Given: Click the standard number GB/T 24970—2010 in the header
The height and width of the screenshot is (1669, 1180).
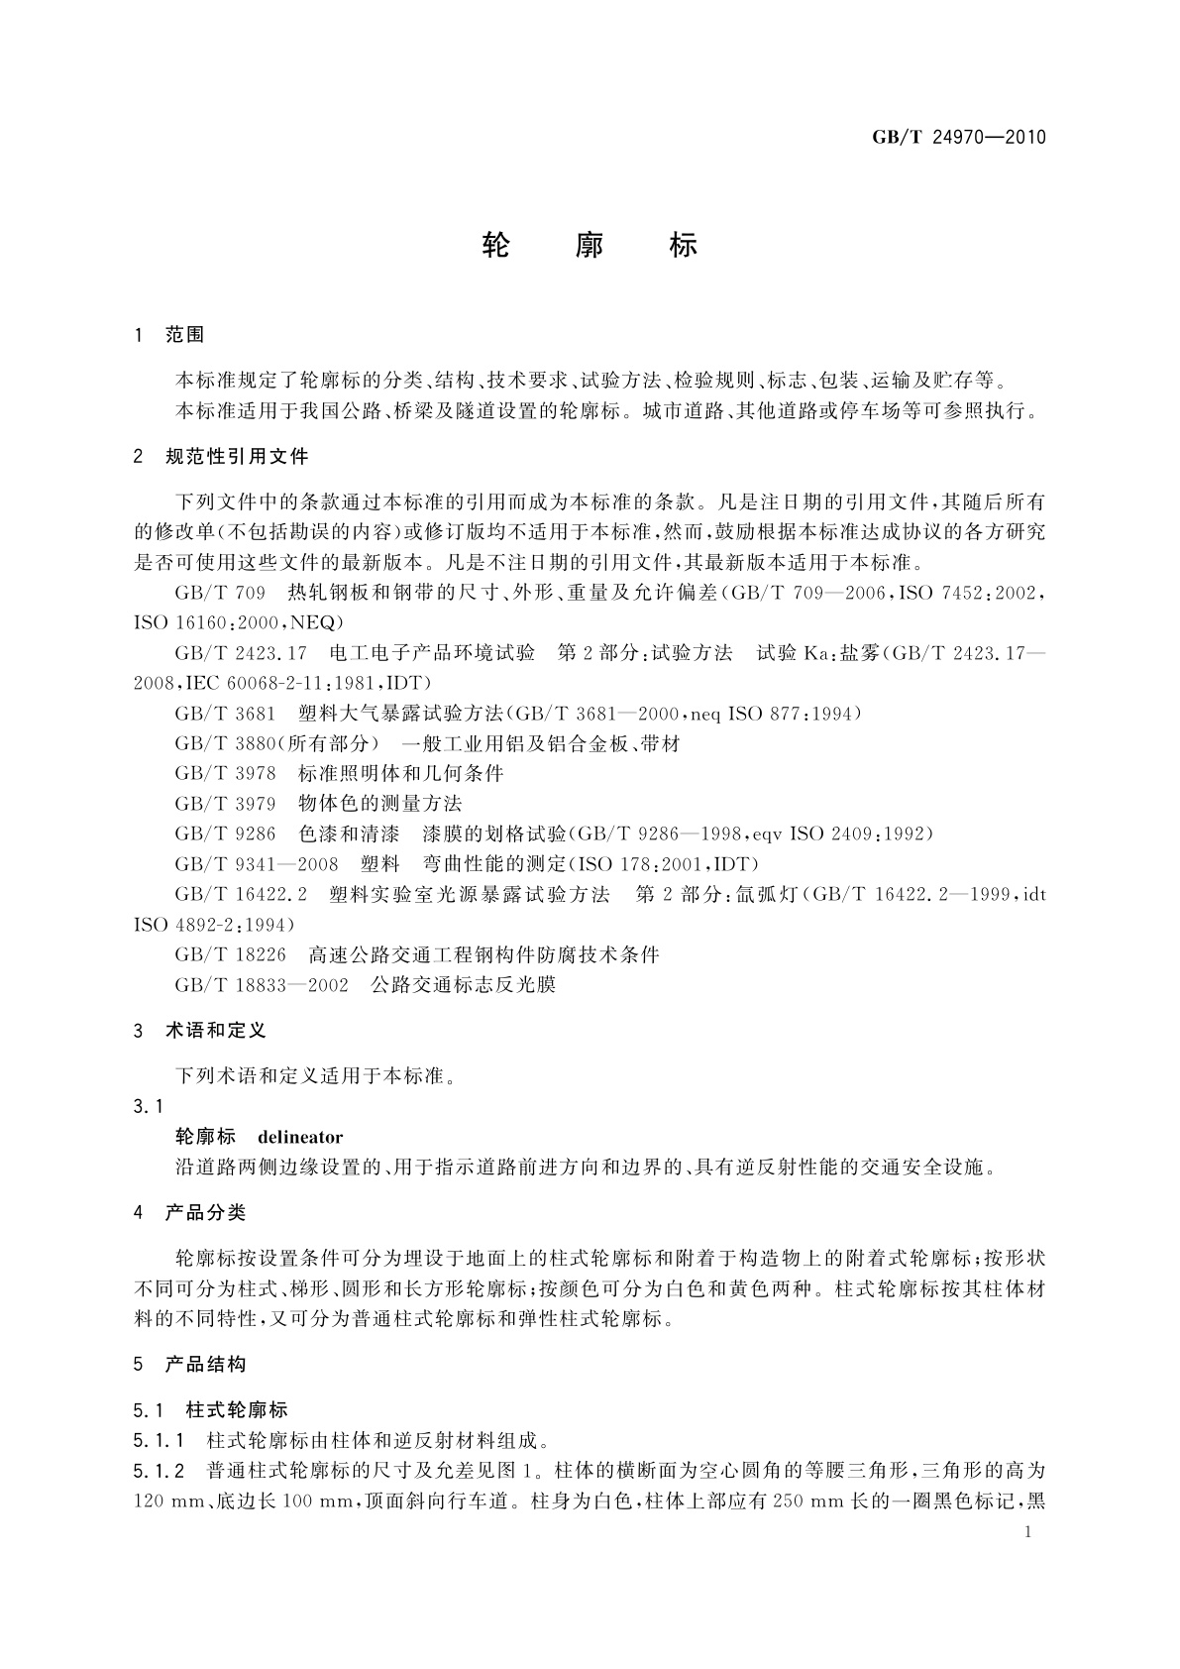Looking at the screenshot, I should pos(958,137).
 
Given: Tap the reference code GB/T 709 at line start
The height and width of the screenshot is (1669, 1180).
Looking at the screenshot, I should pos(220,593).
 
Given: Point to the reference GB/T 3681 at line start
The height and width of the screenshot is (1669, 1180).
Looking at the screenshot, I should pos(225,713).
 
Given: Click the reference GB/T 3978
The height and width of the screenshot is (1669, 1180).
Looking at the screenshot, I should pos(225,773).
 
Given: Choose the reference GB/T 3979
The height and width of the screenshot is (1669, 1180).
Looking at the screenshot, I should pos(225,803).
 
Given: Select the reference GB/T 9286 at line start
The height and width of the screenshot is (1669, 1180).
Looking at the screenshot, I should pos(225,834).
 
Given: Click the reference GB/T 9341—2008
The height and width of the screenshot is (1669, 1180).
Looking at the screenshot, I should pos(256,864).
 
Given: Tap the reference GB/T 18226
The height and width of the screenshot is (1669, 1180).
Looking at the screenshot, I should pos(230,954).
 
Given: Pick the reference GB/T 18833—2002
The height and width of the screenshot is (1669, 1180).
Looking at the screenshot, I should pos(261,985).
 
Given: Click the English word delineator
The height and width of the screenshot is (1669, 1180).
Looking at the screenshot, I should pos(300,1137).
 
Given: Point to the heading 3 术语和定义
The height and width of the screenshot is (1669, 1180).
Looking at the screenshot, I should pos(200,1031).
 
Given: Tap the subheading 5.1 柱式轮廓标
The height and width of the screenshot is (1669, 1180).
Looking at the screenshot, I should pos(210,1409).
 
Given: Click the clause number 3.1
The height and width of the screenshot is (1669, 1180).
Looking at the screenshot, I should pos(148,1106).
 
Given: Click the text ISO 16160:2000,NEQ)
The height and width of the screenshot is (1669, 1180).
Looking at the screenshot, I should pos(238,622).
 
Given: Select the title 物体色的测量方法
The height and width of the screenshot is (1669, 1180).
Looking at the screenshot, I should pos(379,803).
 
